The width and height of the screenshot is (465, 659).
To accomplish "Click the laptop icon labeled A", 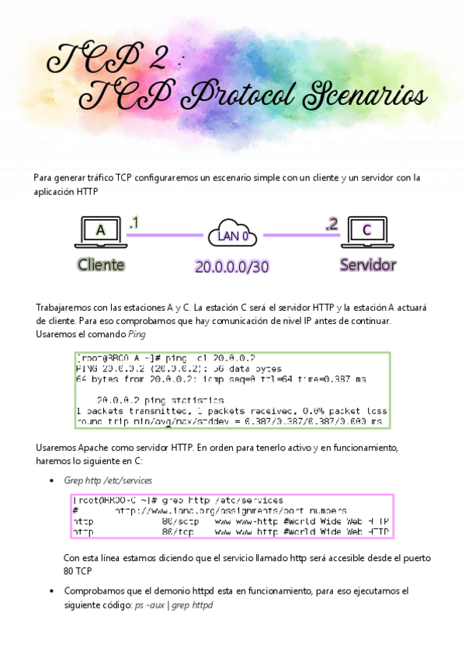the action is [101, 231].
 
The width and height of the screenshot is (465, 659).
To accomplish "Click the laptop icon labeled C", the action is [367, 231].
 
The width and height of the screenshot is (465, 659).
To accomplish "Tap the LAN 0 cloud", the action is [233, 234].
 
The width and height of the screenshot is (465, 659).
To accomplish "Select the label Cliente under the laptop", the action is [101, 264].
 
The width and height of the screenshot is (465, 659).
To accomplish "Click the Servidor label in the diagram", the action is [368, 264].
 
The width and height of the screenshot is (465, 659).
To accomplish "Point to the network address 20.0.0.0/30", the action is [232, 267].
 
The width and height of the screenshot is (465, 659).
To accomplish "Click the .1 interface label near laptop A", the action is [134, 223].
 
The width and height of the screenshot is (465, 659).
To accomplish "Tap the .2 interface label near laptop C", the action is [332, 224].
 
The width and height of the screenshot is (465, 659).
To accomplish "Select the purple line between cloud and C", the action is [300, 235].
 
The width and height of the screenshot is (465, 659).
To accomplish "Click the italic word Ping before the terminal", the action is [137, 334].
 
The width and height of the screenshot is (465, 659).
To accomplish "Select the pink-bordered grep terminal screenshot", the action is [232, 516].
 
